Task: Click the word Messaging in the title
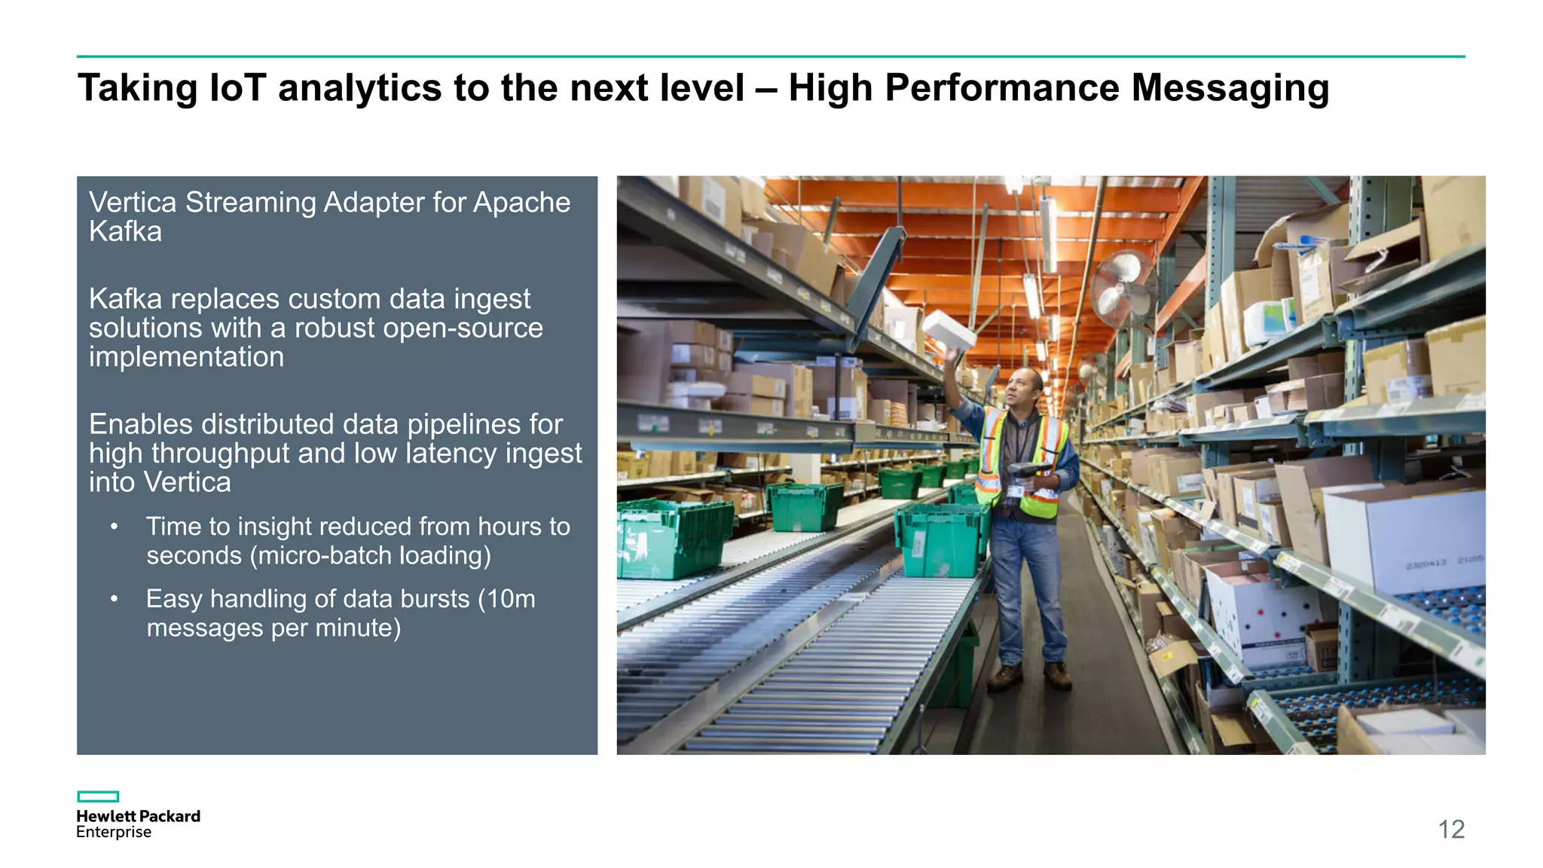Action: pyautogui.click(x=1230, y=89)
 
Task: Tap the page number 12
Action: pyautogui.click(x=1450, y=829)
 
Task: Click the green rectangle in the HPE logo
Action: pyautogui.click(x=98, y=796)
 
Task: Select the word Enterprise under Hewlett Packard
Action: pyautogui.click(x=114, y=832)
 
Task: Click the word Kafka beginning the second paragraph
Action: pyautogui.click(x=125, y=299)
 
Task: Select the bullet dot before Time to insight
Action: pyautogui.click(x=114, y=527)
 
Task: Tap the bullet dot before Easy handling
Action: pyautogui.click(x=114, y=599)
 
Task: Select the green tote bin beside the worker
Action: pyautogui.click(x=942, y=539)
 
